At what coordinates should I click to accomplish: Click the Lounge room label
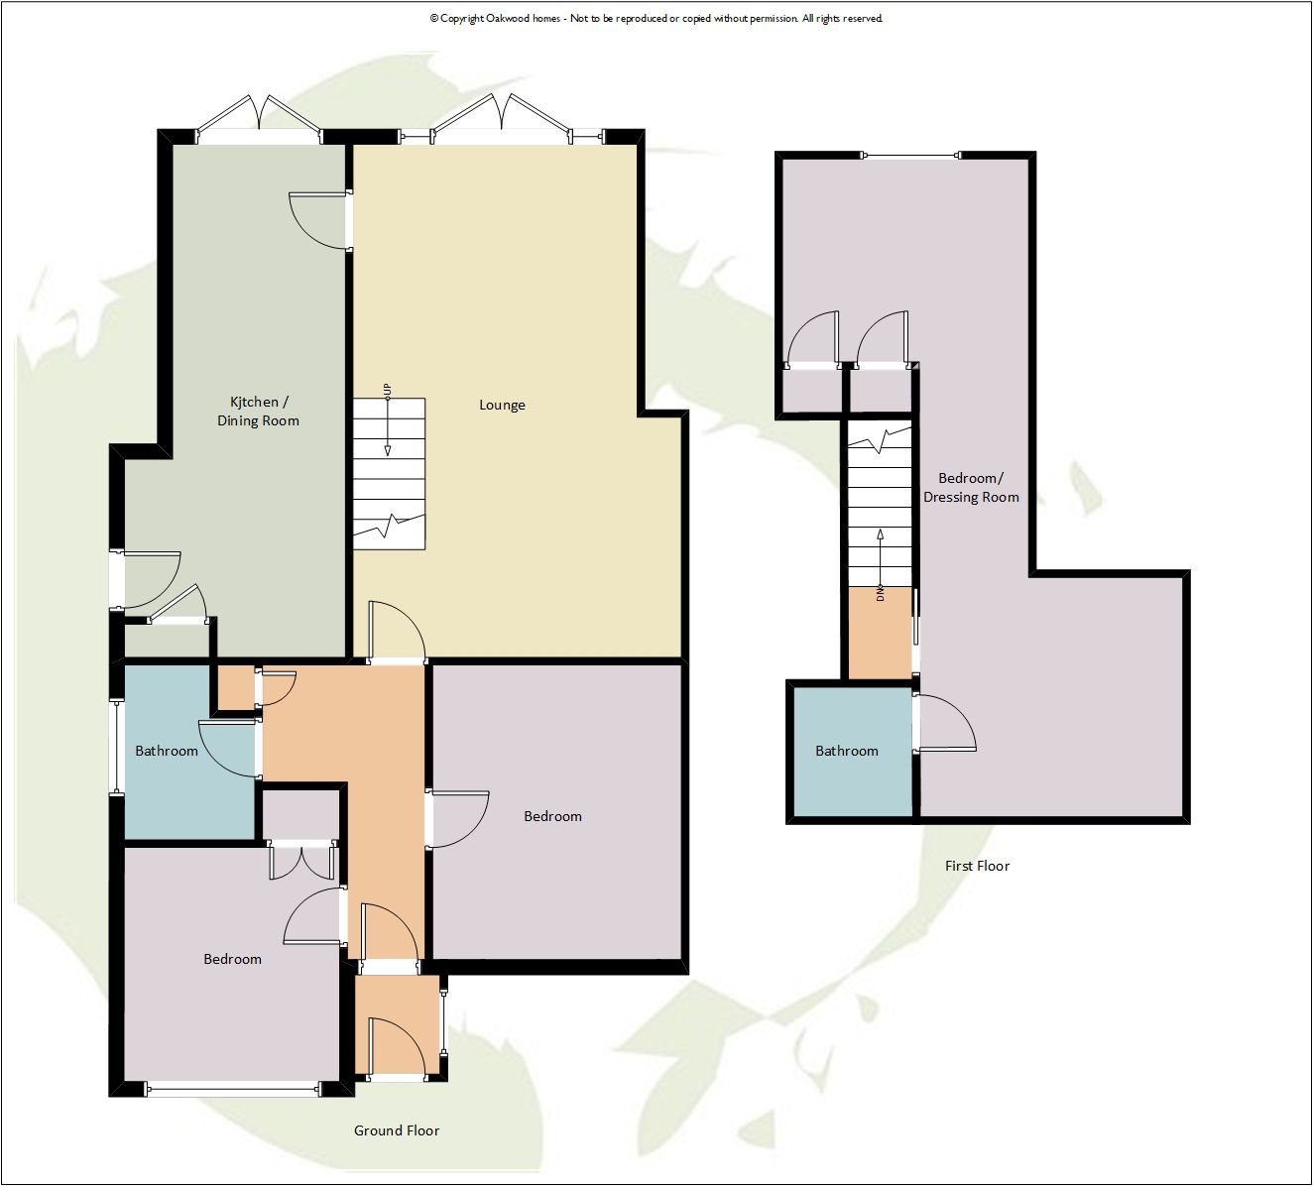tap(502, 406)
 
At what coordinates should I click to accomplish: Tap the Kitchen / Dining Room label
tap(258, 412)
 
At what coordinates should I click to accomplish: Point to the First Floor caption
tap(977, 866)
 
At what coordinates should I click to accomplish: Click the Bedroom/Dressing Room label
tap(971, 488)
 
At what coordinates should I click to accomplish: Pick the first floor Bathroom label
tap(847, 751)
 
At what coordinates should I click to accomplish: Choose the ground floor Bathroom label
tap(167, 751)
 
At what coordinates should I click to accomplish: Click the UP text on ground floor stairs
tap(387, 390)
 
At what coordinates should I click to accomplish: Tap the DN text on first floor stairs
tap(880, 594)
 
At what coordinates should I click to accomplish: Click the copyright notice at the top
tap(656, 18)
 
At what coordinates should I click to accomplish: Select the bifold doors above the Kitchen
tap(259, 119)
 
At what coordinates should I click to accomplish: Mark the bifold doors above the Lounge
tap(502, 118)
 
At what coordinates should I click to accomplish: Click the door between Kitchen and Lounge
tap(321, 220)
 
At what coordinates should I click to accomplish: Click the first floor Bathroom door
tap(945, 723)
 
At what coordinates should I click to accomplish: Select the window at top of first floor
tap(911, 156)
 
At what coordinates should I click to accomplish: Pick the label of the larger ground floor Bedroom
tap(552, 816)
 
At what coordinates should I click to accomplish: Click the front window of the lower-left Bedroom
tap(233, 1090)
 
